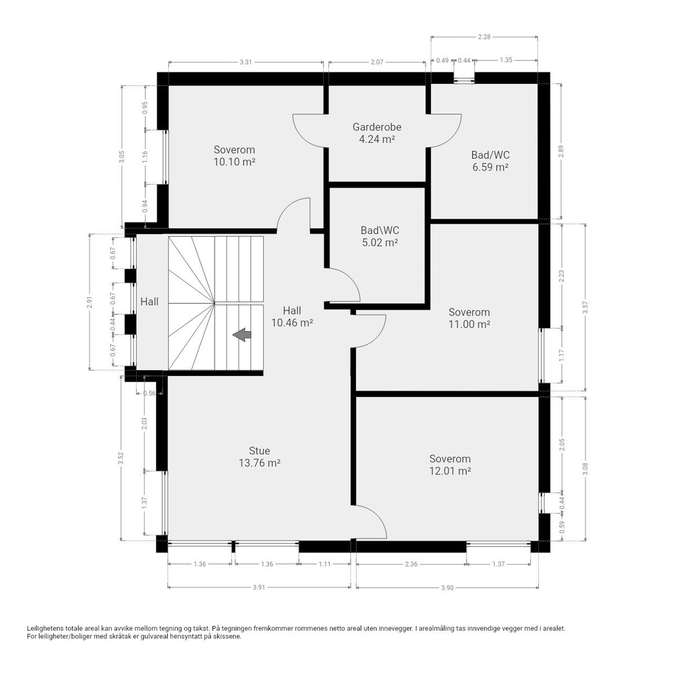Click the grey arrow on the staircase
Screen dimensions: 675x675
pos(242,335)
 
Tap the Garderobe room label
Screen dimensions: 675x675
pos(377,127)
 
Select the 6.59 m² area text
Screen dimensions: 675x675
pos(490,167)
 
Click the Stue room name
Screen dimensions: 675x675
pos(259,451)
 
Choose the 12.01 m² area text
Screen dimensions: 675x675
pos(449,471)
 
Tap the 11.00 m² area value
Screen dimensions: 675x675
pos(469,324)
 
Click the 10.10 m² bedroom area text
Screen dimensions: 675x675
pos(234,162)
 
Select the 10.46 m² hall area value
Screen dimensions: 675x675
pos(292,323)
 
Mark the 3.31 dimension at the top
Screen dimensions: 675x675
pos(246,62)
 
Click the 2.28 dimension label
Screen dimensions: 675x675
pos(484,37)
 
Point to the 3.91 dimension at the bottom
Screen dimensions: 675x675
pos(259,587)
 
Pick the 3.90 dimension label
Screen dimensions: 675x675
pos(447,587)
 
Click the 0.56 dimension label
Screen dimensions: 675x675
pos(150,393)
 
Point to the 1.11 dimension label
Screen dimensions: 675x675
pos(325,564)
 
